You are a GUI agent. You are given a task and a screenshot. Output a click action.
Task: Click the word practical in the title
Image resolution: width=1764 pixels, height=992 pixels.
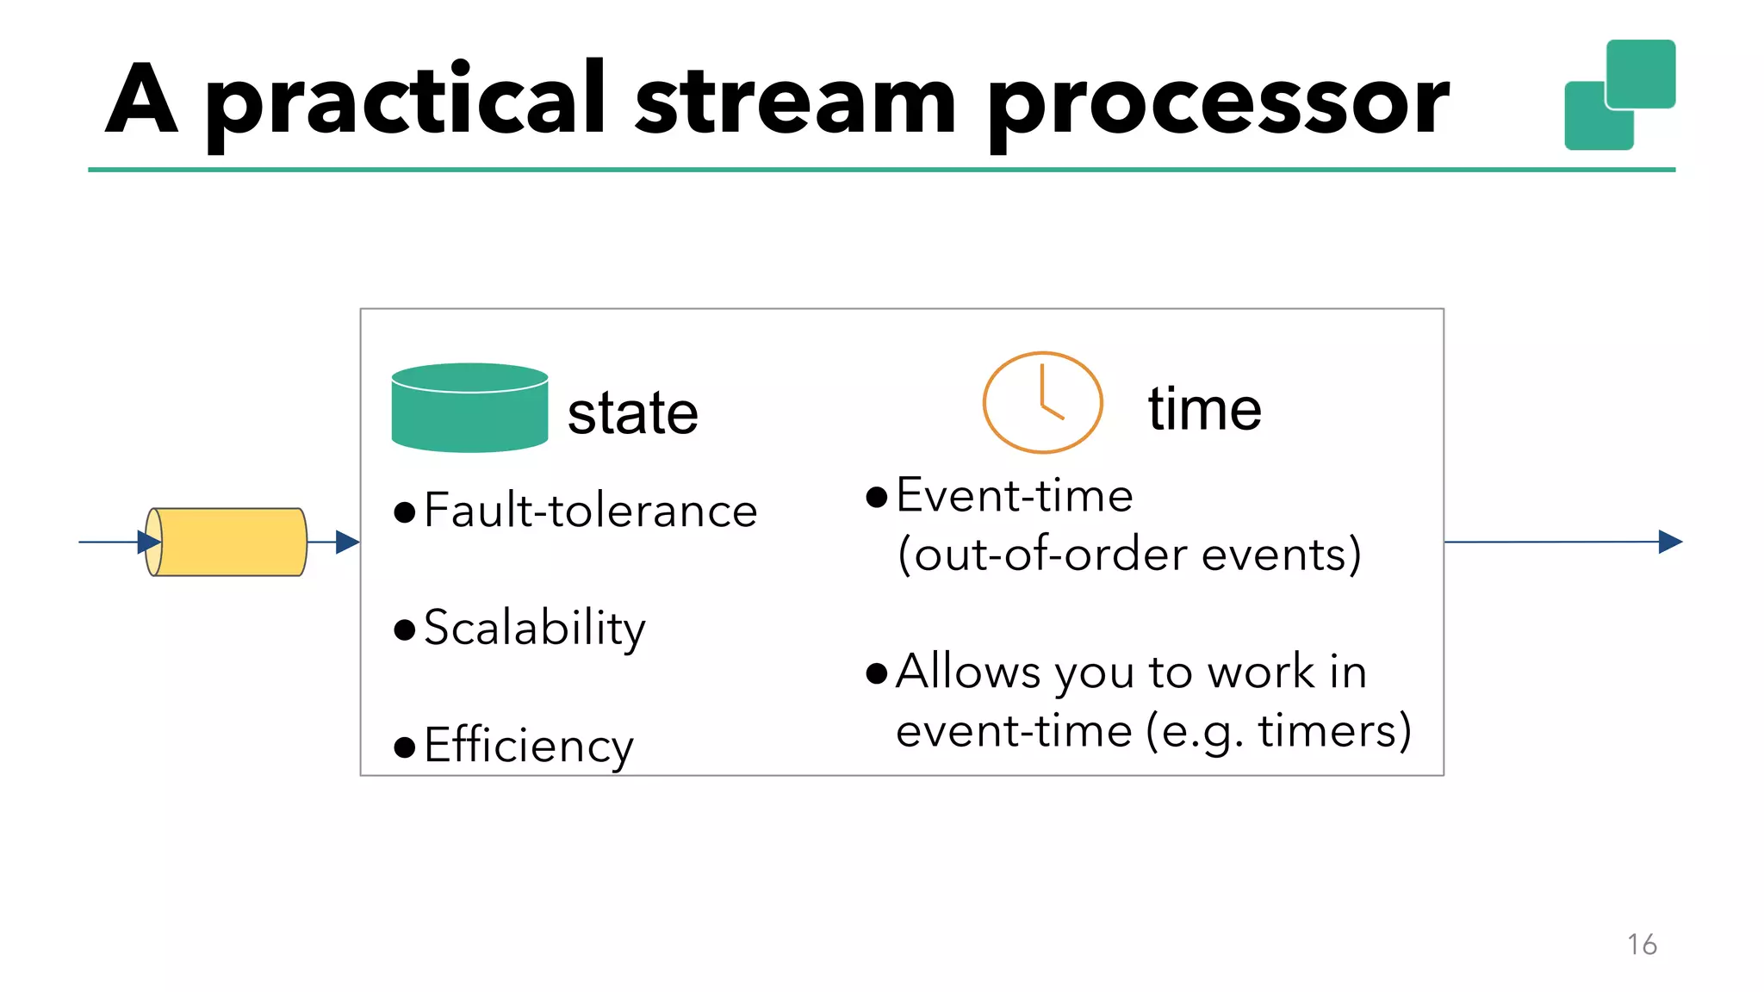(405, 102)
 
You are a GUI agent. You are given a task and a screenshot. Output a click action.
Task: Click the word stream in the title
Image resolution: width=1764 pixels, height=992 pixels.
(795, 102)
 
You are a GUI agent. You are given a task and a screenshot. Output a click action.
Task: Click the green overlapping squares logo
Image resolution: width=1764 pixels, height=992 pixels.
(1619, 95)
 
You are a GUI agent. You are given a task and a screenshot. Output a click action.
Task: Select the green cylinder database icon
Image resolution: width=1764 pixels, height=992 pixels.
(469, 408)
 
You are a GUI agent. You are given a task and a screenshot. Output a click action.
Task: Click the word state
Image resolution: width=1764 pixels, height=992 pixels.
(632, 413)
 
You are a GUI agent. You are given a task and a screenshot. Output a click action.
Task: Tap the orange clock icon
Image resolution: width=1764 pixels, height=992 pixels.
(1042, 402)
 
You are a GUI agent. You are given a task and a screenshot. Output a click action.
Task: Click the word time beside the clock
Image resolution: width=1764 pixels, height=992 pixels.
(1204, 409)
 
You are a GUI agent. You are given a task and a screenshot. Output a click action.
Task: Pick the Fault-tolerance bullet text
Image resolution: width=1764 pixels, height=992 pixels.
(590, 511)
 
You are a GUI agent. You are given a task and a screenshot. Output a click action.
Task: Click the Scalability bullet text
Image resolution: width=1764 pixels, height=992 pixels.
(534, 628)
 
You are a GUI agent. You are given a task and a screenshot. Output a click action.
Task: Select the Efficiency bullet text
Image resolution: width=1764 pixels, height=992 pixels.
(528, 746)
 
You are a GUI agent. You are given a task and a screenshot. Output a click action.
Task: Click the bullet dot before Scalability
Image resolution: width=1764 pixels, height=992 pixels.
(404, 629)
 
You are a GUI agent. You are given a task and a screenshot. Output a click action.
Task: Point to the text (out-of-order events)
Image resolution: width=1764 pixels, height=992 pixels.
(1128, 554)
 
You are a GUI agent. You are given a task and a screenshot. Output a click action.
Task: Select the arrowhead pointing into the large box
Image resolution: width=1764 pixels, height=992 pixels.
(347, 542)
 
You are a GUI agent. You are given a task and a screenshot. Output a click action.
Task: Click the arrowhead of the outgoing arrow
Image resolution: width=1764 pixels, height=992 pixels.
(1669, 542)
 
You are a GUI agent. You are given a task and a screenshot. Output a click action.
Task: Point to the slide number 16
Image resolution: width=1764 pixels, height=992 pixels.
(1642, 945)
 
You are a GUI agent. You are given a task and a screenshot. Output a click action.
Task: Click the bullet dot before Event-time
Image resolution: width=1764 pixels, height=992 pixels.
(876, 497)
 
